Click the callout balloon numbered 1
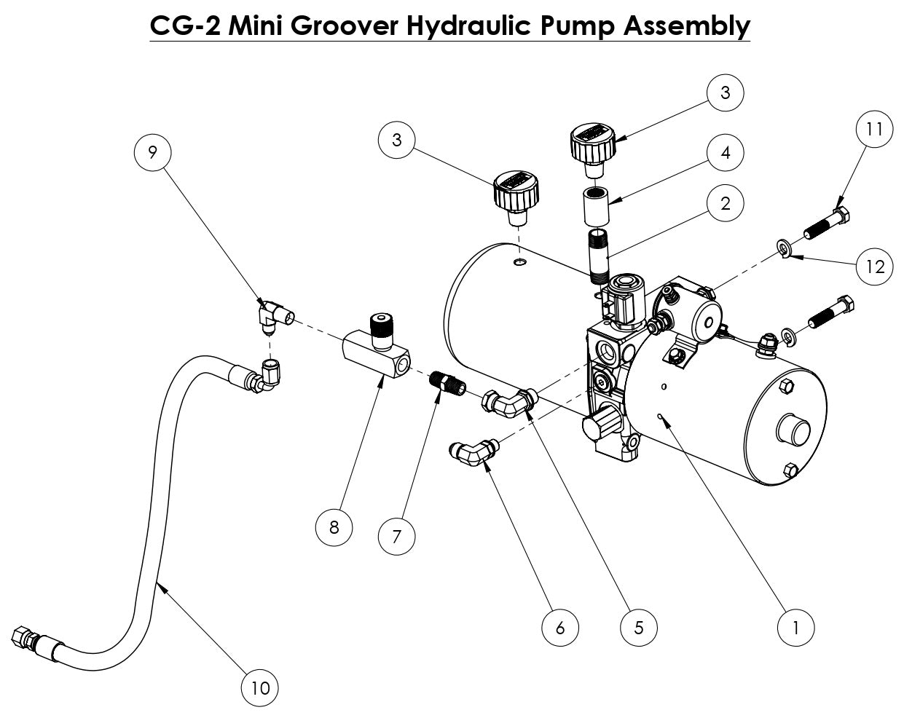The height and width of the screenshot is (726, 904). pyautogui.click(x=795, y=626)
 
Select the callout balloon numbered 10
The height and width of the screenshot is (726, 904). pyautogui.click(x=261, y=687)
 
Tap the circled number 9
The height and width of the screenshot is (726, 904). pyautogui.click(x=152, y=151)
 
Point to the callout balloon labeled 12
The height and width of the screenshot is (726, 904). pyautogui.click(x=874, y=267)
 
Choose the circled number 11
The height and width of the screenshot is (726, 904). pyautogui.click(x=874, y=129)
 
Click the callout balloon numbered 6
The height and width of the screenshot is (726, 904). pyautogui.click(x=560, y=626)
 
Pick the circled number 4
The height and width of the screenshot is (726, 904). pyautogui.click(x=726, y=153)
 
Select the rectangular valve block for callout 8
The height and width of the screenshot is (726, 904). pyautogui.click(x=374, y=352)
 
